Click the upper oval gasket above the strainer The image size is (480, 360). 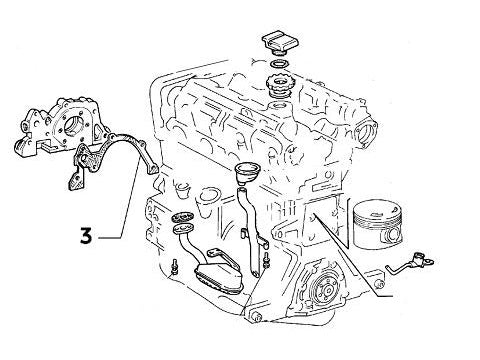pos(182,220)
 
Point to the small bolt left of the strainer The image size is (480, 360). pos(174,266)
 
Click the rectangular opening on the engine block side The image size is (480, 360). pos(322,225)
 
